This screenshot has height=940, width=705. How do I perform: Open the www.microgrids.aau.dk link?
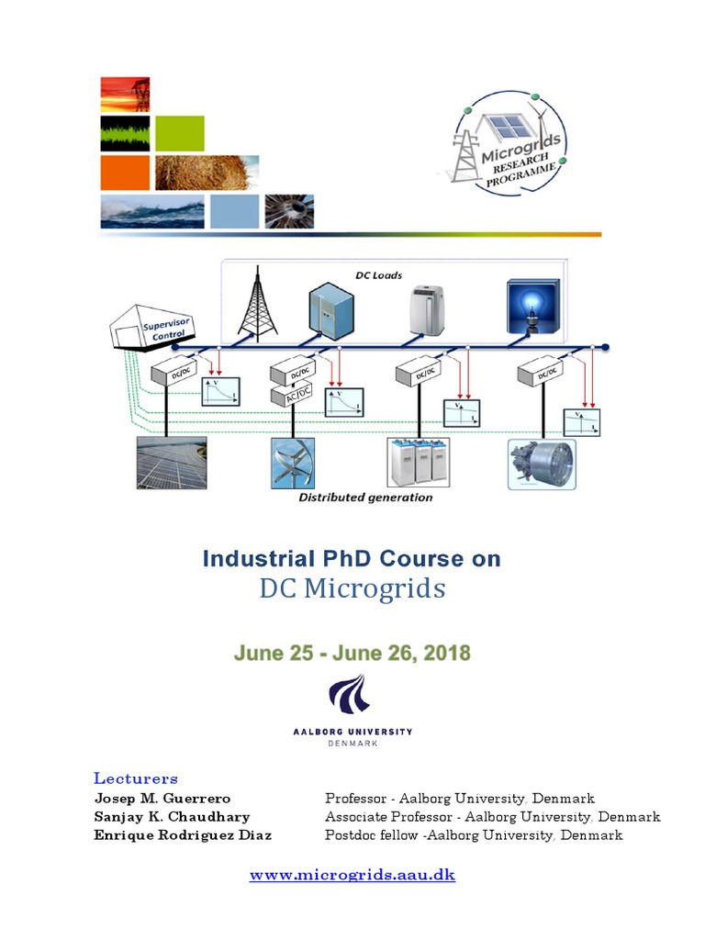[352, 875]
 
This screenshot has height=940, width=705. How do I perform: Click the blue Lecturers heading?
[136, 778]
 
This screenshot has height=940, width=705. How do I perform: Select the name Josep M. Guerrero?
[162, 799]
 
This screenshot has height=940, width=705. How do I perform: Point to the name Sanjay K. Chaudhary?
[172, 817]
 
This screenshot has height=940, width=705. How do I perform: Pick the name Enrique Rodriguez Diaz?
[183, 835]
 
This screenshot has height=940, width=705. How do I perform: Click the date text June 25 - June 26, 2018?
[352, 655]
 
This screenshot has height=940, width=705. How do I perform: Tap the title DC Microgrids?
[352, 589]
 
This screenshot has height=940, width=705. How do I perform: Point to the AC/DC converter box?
[293, 396]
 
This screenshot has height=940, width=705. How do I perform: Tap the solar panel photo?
[172, 462]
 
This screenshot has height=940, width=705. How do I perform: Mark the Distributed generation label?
[365, 498]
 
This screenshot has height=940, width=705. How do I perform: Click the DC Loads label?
[379, 274]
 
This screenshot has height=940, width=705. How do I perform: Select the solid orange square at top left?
[125, 173]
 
